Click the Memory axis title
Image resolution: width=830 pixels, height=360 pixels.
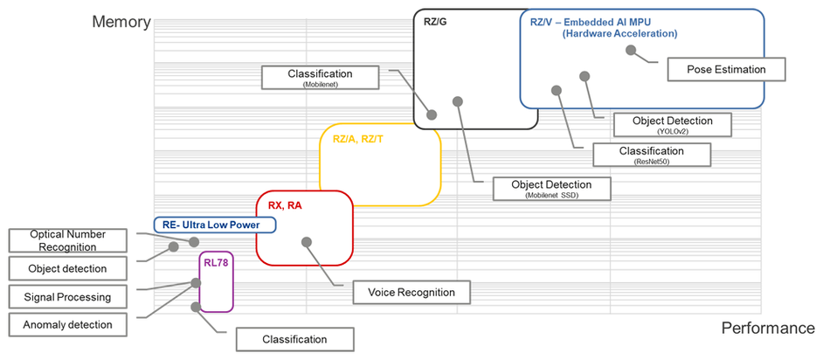(x=121, y=22)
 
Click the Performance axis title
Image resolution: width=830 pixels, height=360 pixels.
(x=768, y=329)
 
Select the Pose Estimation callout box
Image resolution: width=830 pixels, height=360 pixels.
(x=726, y=70)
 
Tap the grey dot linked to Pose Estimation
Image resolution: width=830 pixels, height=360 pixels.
(x=631, y=51)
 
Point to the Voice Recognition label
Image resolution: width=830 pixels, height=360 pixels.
(x=412, y=292)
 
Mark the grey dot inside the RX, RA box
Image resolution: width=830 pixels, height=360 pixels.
(x=306, y=242)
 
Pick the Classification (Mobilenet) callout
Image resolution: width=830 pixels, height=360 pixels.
(x=320, y=78)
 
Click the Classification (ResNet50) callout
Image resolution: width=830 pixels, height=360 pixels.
(x=651, y=155)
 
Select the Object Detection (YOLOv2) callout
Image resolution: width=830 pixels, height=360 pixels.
(x=673, y=124)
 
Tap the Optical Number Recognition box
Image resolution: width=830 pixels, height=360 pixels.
(x=68, y=240)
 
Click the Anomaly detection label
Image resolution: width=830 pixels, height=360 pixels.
(x=67, y=325)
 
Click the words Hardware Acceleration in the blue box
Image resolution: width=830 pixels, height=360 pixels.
(x=620, y=34)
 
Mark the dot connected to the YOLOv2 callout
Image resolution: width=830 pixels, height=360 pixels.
(x=584, y=76)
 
